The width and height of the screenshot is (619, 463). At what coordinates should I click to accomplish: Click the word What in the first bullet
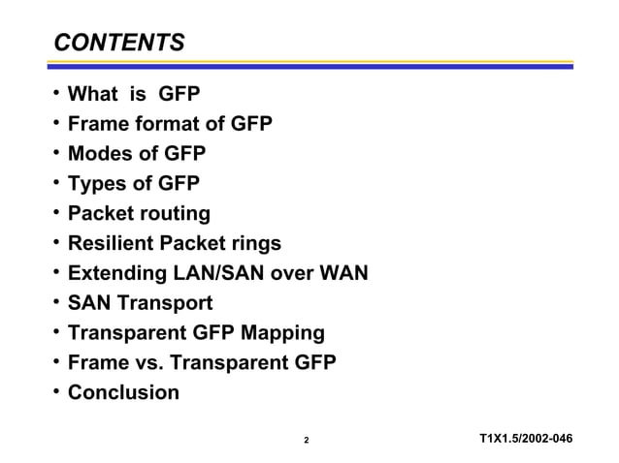[x=94, y=93]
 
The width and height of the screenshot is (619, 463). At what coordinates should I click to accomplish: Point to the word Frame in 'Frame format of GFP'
[x=99, y=123]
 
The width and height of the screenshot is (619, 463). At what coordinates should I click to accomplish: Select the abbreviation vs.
[x=143, y=363]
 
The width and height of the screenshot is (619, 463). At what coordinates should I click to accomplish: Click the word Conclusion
[x=123, y=392]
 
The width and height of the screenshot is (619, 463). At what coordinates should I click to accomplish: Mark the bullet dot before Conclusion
[x=56, y=390]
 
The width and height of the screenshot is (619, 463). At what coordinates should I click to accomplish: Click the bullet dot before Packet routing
[x=56, y=210]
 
